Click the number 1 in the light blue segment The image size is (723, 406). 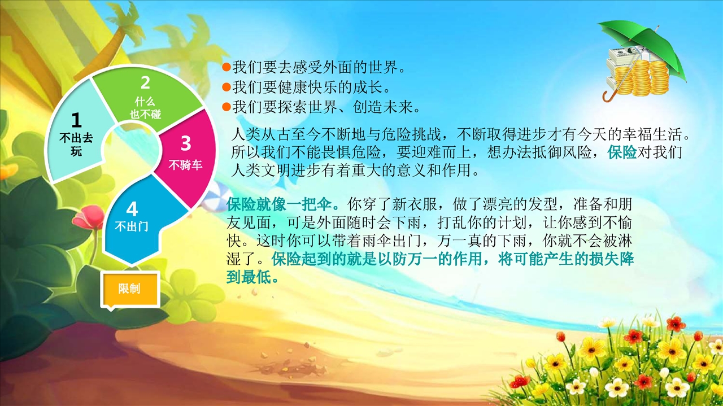coord(76,120)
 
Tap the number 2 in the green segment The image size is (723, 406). coord(145,82)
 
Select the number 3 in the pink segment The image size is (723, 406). coord(186,143)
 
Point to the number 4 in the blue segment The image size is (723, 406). coord(132,209)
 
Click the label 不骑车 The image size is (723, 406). coord(185,165)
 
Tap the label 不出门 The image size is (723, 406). coord(132,226)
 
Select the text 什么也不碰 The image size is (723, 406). coord(145,108)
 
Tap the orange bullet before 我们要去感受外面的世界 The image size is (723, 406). coord(227,67)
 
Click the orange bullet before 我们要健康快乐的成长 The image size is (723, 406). coord(227,87)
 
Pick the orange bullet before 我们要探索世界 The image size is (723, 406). coord(227,107)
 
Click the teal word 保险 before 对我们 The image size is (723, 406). coord(622,152)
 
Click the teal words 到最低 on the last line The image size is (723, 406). coord(252,277)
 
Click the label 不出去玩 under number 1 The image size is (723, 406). coord(76,144)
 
